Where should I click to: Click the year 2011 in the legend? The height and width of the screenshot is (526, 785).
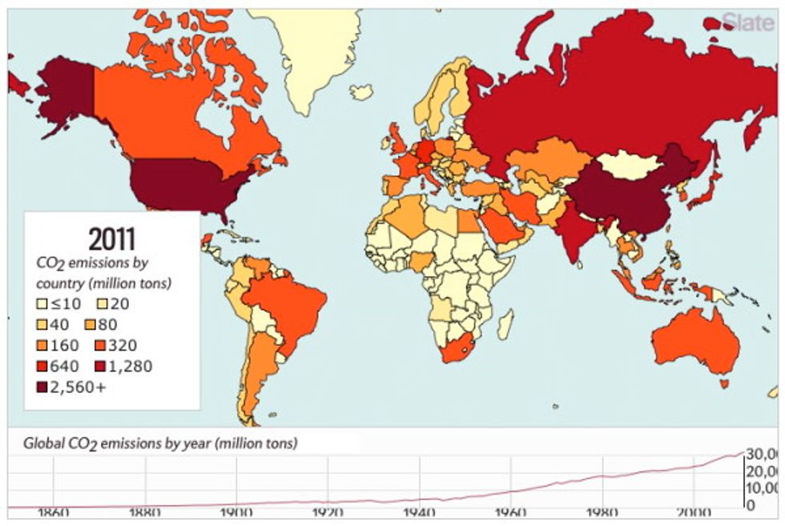coord(111,238)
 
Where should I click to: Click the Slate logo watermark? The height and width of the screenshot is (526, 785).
coord(749,21)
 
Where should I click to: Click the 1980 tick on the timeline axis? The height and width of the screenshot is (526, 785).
coord(602,513)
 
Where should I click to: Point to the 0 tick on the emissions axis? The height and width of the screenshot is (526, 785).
coord(750,505)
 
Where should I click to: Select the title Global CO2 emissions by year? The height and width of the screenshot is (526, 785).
coord(159,443)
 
